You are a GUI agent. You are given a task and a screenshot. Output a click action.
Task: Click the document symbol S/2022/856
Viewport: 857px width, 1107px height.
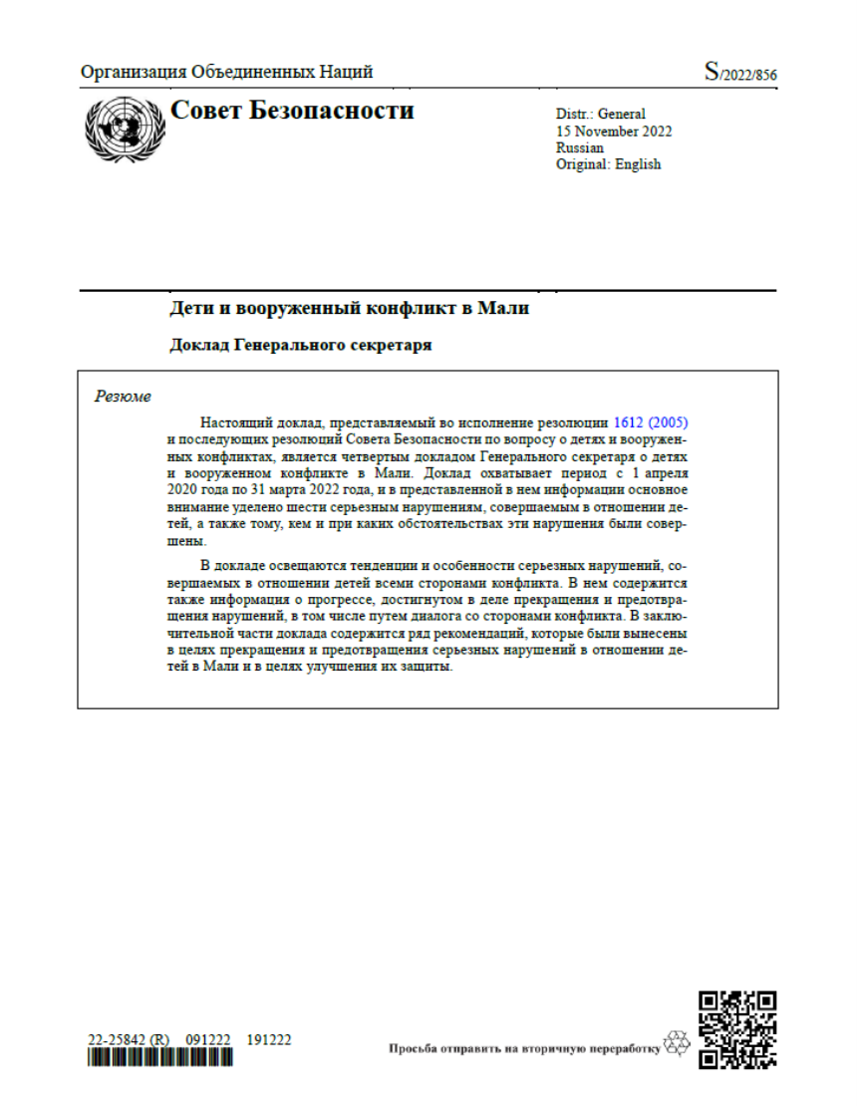click(x=740, y=73)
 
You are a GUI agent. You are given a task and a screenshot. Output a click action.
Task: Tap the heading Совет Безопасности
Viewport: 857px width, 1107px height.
click(x=292, y=111)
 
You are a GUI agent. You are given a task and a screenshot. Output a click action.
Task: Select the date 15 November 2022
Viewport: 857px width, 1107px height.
click(x=614, y=132)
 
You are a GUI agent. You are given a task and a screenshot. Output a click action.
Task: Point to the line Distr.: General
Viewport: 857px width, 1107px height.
click(x=600, y=115)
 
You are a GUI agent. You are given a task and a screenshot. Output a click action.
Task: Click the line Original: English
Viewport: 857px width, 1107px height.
click(x=608, y=164)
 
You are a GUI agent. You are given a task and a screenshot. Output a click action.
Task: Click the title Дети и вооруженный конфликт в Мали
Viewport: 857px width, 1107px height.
click(x=349, y=309)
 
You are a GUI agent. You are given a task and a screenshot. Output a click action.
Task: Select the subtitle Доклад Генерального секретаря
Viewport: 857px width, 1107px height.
click(x=301, y=346)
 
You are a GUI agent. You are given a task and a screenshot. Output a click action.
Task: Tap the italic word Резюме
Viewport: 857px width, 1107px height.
click(x=123, y=397)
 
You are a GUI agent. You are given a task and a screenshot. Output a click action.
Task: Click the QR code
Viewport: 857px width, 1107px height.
click(x=737, y=1030)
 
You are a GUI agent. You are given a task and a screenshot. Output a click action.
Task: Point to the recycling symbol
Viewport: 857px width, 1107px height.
click(x=678, y=1043)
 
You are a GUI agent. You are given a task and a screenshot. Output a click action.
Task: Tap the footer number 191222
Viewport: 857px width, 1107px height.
click(x=269, y=1039)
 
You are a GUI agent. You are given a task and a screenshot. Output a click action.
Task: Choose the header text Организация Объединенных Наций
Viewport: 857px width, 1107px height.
click(x=227, y=72)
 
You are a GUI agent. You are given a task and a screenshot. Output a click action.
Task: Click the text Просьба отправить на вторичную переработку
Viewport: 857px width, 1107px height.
click(x=525, y=1048)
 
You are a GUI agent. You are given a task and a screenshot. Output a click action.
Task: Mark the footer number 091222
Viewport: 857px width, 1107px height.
click(x=209, y=1039)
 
